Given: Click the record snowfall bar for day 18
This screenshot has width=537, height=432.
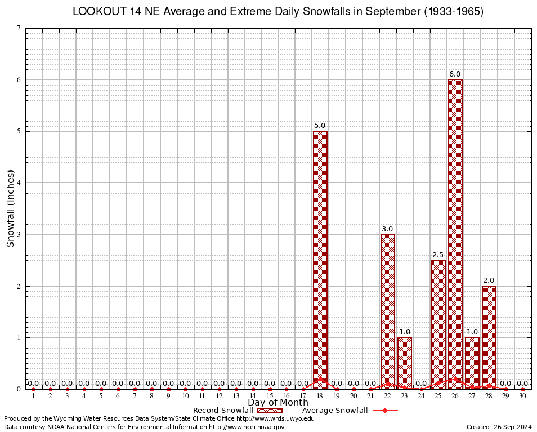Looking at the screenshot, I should [x=320, y=259].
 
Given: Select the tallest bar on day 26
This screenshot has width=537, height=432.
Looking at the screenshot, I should [x=455, y=234].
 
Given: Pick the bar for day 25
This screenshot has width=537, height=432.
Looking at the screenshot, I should [x=438, y=324].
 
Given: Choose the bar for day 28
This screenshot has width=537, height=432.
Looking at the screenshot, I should [x=489, y=337].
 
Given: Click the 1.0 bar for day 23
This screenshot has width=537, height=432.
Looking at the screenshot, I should [x=405, y=363].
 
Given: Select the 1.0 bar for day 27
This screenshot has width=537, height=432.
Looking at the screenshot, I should [x=472, y=363].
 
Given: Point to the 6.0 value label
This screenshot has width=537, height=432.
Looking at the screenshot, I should [x=455, y=74].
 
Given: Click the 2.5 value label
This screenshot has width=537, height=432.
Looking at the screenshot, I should [x=438, y=255].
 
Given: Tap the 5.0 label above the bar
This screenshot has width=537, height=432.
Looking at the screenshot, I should [x=320, y=125].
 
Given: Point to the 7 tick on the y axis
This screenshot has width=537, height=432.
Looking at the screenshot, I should [x=20, y=28].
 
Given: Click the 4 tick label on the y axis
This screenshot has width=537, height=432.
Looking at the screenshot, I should [x=20, y=183].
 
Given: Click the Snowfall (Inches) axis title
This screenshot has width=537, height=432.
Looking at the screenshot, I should [x=10, y=209].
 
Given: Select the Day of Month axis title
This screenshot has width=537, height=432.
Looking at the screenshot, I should [x=278, y=403].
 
